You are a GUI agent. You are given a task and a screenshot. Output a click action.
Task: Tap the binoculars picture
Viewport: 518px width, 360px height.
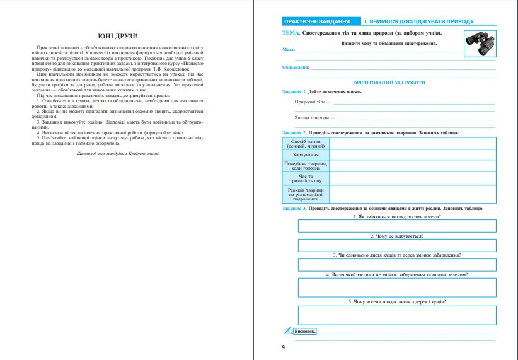pos(480,42)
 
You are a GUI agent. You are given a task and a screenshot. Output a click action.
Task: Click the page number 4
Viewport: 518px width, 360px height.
pos(284,347)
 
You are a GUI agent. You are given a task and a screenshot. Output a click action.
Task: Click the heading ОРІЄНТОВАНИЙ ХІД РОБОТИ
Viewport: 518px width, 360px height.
pos(389,83)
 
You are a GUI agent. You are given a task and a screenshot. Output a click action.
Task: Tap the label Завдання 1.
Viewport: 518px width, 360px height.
pos(294,92)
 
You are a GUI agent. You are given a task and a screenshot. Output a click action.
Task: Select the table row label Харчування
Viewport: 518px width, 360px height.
pos(306,154)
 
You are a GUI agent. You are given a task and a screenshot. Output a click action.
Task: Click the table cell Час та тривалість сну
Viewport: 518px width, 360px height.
pos(306,178)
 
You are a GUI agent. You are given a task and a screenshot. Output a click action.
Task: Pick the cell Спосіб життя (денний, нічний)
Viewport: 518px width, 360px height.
pos(306,144)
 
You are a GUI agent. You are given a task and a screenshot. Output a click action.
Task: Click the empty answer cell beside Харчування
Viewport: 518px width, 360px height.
pos(413,154)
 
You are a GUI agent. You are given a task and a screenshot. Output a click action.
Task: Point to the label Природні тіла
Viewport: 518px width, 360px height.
pos(311,102)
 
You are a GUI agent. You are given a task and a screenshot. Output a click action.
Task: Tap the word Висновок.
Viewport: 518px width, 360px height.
pos(305,331)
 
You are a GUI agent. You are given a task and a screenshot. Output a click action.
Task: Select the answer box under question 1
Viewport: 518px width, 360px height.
pos(397,226)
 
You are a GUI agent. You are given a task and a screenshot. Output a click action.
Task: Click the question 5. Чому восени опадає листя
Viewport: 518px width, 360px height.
pos(397,301)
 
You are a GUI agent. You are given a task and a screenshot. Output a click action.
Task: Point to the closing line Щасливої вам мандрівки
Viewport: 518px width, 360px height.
pos(118,153)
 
